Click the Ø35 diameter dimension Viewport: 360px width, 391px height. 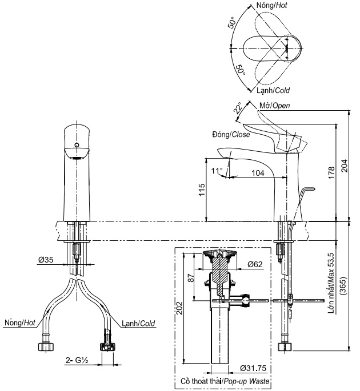pos(46,260)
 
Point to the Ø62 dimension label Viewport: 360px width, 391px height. pos(255,264)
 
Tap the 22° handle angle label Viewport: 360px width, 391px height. pos(237,109)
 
